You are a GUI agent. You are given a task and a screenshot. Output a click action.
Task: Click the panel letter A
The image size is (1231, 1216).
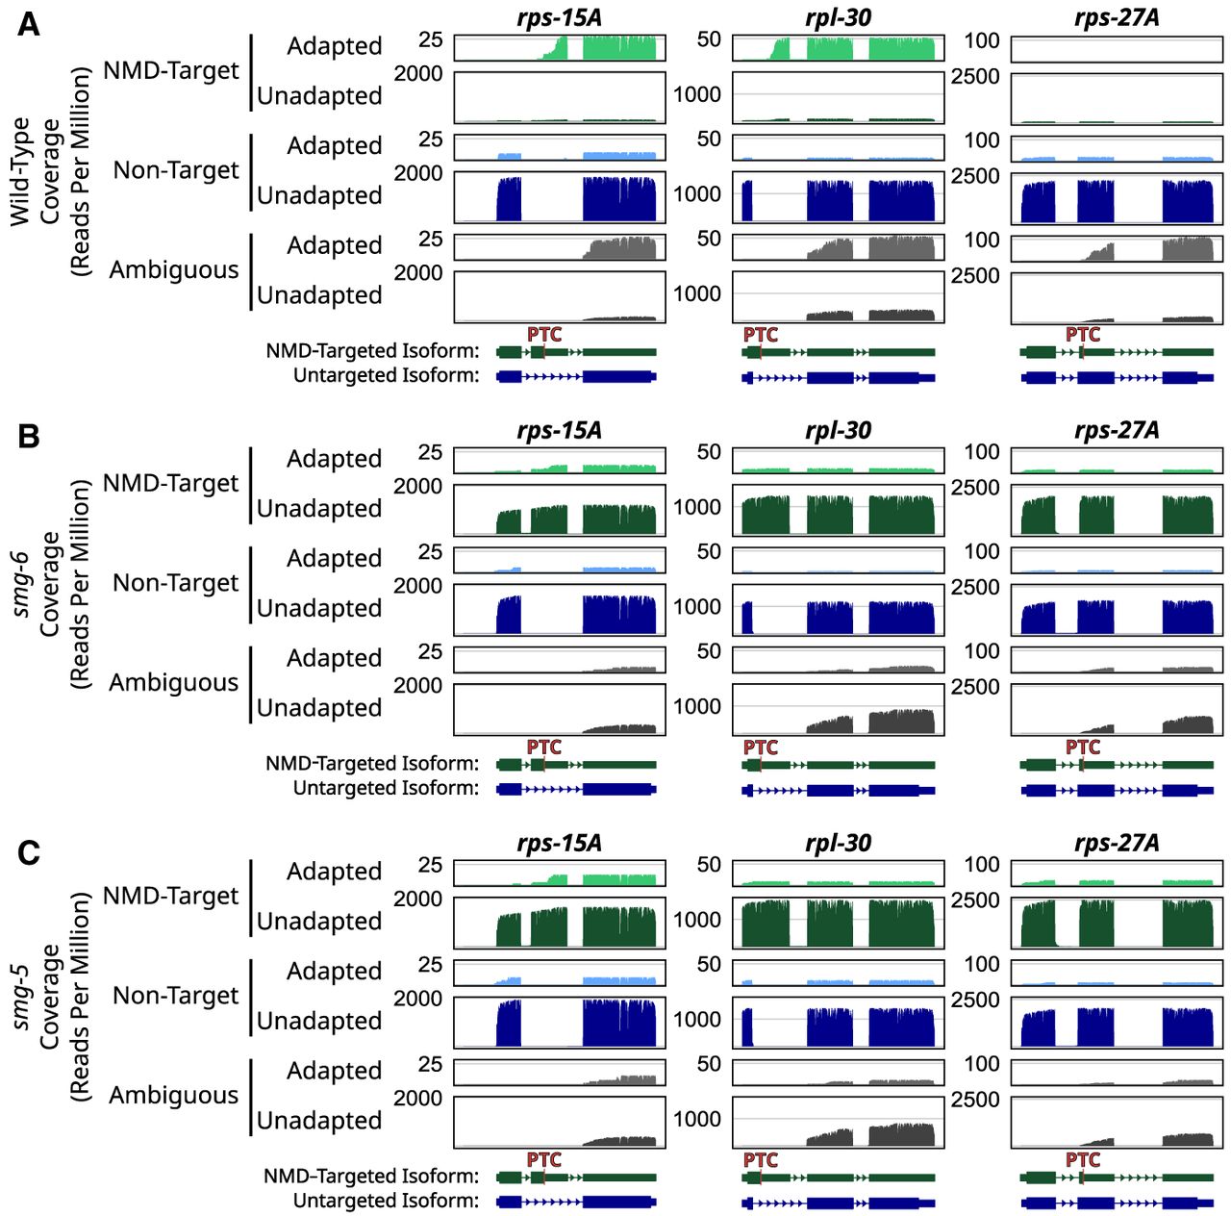[29, 24]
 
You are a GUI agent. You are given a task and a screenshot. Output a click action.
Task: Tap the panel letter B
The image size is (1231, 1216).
[29, 437]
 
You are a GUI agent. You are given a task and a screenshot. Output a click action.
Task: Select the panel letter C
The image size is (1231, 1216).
[29, 853]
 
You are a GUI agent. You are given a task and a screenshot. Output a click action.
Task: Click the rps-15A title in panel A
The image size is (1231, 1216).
[559, 17]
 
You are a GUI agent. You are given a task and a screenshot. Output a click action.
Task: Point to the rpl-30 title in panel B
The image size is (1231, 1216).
[838, 430]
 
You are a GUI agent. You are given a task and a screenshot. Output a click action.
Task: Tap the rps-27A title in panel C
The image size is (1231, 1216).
[1116, 843]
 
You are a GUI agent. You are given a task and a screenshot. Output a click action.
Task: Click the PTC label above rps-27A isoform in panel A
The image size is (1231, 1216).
[1082, 334]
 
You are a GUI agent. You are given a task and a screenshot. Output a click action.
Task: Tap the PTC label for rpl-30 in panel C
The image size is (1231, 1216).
[760, 1159]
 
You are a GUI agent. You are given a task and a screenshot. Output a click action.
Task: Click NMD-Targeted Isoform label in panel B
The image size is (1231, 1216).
[372, 763]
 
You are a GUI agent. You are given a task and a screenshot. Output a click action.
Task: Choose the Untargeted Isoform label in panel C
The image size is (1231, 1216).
[386, 1200]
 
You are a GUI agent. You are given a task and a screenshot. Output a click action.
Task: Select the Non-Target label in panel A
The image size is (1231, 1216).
[176, 170]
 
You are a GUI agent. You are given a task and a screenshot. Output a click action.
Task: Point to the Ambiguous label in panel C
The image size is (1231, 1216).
[173, 1095]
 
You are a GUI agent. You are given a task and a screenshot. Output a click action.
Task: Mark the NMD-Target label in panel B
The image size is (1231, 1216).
[170, 483]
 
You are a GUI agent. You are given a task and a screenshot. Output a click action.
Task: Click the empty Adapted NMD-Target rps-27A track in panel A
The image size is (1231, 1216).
[1117, 48]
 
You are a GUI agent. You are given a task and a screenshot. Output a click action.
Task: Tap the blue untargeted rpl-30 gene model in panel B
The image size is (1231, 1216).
[838, 790]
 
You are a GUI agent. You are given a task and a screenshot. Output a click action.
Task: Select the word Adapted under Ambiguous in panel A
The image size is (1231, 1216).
[334, 245]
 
